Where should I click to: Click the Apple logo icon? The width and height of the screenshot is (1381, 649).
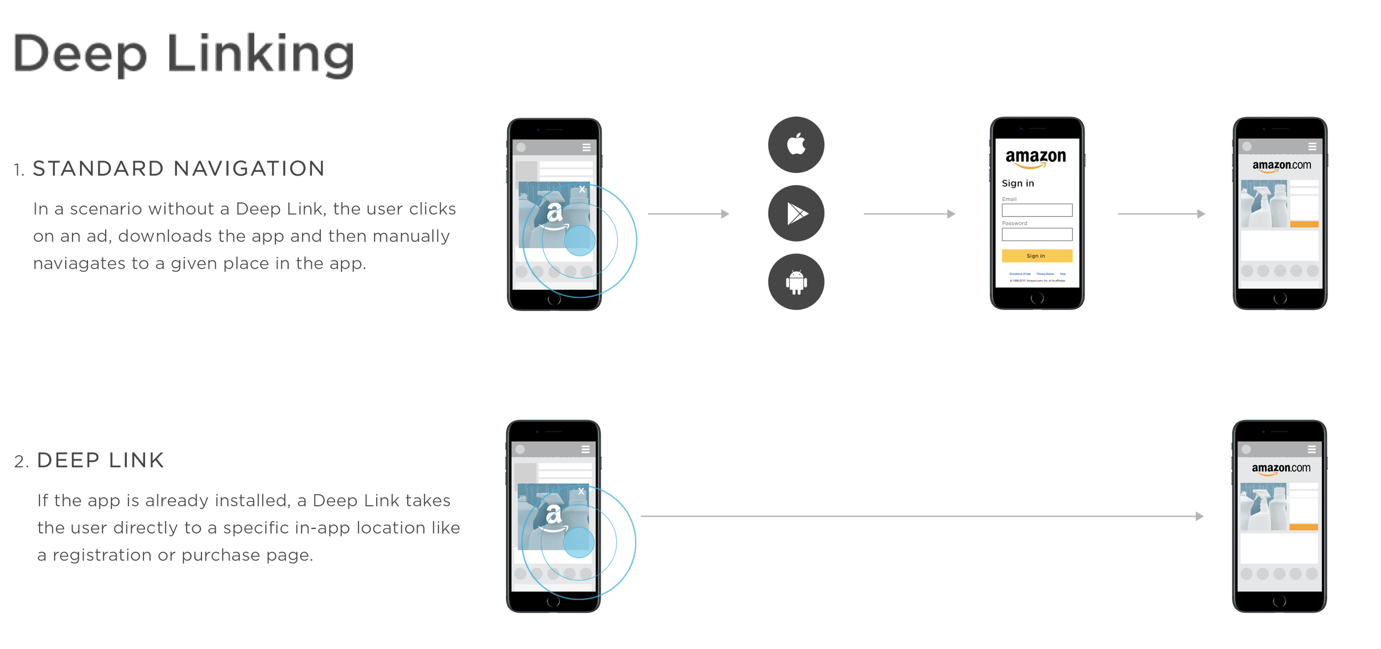796,144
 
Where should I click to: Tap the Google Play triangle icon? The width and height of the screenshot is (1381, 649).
796,213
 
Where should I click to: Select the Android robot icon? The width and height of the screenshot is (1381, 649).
796,282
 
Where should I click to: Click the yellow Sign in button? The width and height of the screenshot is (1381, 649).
1037,256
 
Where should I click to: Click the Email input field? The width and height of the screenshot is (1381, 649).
1037,210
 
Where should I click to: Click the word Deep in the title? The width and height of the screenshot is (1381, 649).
79,55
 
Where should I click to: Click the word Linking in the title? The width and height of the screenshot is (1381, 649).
261,55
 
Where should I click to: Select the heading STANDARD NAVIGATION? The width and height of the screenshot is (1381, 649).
179,168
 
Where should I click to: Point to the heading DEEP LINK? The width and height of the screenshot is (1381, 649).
100,460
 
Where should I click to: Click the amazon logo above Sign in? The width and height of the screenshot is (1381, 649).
1036,157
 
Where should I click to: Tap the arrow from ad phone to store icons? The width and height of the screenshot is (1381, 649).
689,214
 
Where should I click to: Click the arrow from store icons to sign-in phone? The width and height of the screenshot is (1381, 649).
909,214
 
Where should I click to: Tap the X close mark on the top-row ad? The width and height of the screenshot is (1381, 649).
582,189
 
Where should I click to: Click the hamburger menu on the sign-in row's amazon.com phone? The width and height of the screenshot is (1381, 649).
1312,146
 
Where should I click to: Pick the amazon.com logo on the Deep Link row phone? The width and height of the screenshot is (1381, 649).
1281,468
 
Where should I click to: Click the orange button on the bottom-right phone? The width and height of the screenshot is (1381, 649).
1304,527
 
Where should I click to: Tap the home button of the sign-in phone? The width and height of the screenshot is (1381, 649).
1037,298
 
